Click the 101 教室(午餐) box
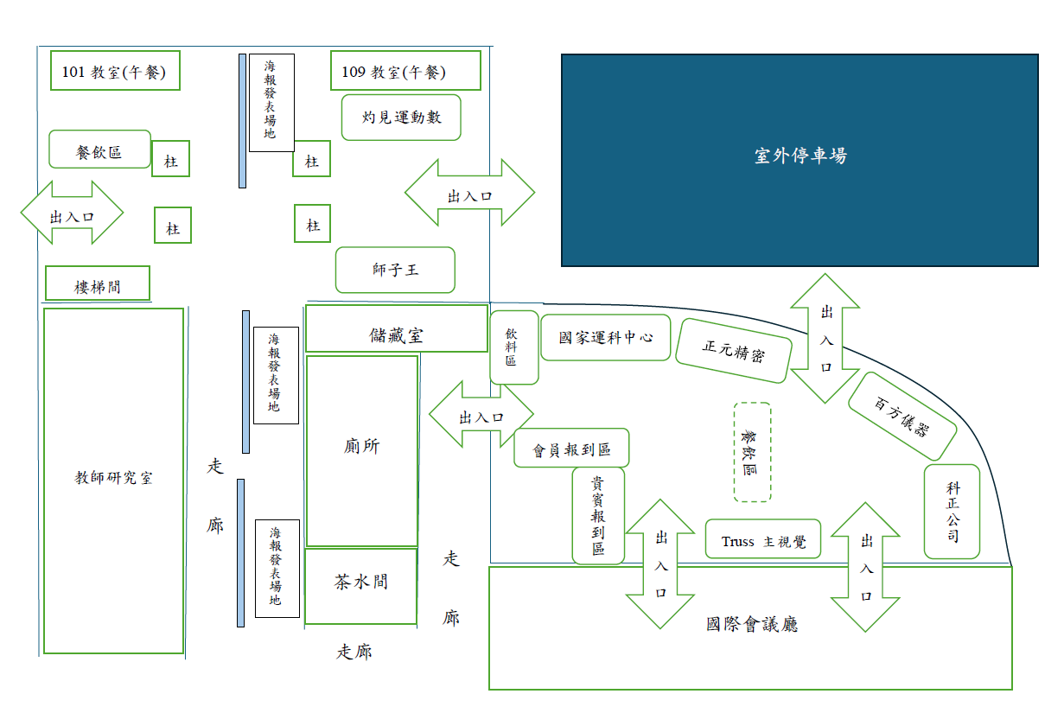[x=115, y=72]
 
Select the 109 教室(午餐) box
[x=405, y=71]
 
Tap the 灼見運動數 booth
[x=401, y=117]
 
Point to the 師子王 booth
[x=395, y=270]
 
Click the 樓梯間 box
[x=98, y=284]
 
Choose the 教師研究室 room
[x=113, y=480]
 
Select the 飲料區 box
[x=513, y=347]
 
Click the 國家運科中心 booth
[x=605, y=337]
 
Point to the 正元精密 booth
[x=734, y=350]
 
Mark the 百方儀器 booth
[x=902, y=416]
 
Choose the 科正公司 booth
[x=953, y=512]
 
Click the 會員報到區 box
[x=571, y=449]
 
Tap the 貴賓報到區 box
[x=597, y=515]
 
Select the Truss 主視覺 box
[x=763, y=540]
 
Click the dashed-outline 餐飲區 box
[x=751, y=452]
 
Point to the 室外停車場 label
[x=800, y=156]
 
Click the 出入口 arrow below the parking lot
[x=825, y=339]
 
